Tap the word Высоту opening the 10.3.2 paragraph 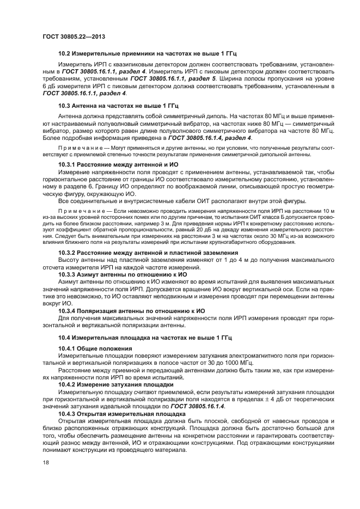pos(70,260)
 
